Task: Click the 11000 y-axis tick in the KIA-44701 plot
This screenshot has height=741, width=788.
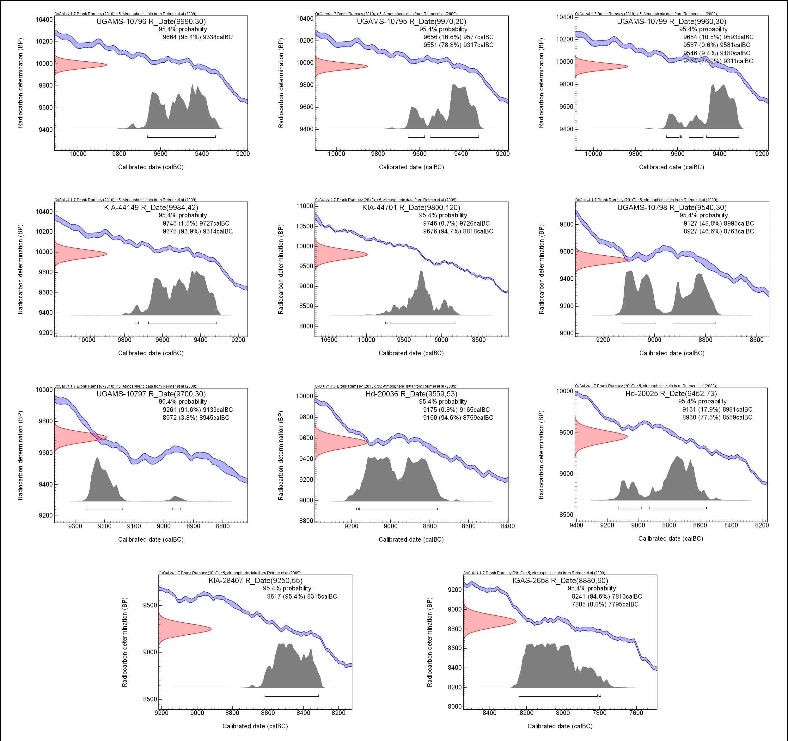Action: point(304,206)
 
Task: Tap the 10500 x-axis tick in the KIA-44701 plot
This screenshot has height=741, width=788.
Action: point(329,340)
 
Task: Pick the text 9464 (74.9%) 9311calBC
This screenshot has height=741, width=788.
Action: point(718,61)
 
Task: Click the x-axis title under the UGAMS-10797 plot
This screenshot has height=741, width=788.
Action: point(151,539)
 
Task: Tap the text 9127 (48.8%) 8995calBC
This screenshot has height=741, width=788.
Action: point(718,223)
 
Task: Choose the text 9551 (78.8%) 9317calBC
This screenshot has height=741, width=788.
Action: point(458,45)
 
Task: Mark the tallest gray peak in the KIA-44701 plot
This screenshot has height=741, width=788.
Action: point(421,272)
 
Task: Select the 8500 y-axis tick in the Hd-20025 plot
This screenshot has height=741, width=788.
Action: point(565,515)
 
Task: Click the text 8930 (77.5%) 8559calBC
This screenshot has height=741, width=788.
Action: point(717,417)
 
